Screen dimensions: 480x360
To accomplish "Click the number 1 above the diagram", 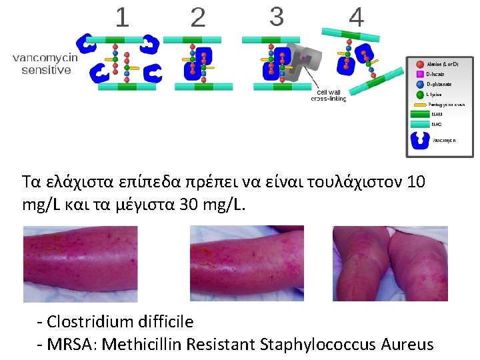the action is coord(122,17).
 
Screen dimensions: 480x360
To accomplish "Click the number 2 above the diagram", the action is coord(198,18).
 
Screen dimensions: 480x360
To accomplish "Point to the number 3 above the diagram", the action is coord(276,17).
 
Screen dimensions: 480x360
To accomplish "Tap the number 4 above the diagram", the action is coord(357,18).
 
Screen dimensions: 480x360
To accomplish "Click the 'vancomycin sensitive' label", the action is coord(45,63).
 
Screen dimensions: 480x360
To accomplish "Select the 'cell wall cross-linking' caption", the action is coord(329,95).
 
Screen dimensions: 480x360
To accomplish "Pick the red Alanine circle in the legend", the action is coord(420,64).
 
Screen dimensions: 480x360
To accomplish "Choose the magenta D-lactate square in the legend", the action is coord(420,74).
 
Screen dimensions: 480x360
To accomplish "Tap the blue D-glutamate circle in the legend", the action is coord(420,84).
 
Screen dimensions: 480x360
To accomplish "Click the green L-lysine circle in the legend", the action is coord(420,95).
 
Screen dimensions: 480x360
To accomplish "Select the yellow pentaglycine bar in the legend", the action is coord(421,105).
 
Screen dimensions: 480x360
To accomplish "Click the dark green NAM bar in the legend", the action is coord(421,114).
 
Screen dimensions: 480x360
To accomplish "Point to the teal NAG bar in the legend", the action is coord(421,124).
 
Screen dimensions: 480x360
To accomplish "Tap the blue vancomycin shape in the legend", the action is coord(421,140).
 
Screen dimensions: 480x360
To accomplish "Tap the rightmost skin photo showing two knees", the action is coord(390,263).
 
